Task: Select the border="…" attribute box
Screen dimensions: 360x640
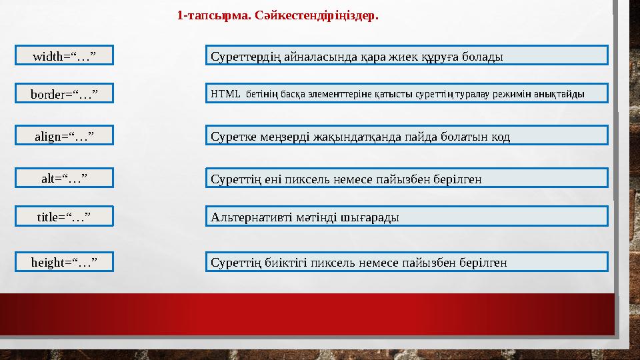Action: tap(64, 94)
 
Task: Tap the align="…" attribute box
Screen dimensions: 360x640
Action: tap(64, 136)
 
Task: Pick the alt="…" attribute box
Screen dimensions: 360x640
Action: tap(64, 178)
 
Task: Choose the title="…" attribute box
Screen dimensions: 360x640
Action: tap(64, 216)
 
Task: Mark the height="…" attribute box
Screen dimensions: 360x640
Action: tap(64, 262)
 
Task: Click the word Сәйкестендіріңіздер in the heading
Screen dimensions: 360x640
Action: tap(317, 15)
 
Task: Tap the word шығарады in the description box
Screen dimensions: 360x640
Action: tap(370, 217)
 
